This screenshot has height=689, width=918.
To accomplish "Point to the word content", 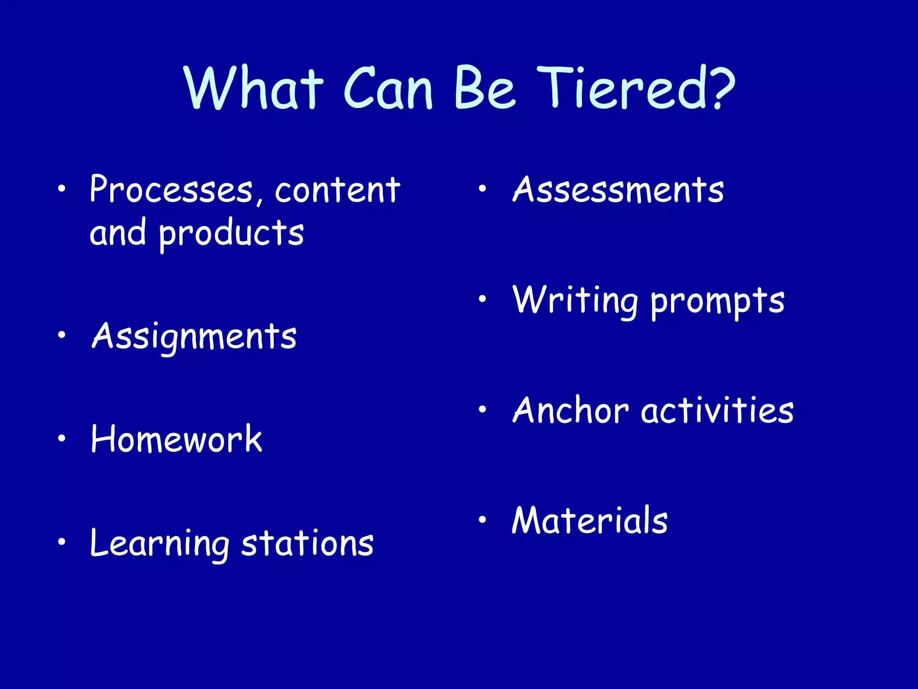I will [337, 190].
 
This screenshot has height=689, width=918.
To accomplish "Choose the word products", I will [231, 233].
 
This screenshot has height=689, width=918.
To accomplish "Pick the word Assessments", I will [618, 190].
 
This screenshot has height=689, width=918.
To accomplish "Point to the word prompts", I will [717, 301].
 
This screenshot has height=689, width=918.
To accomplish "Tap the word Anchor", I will [571, 410].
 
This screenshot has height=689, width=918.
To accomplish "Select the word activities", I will [717, 410].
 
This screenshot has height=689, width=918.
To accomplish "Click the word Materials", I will [590, 520].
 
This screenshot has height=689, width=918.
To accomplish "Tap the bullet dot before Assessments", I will [482, 189].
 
